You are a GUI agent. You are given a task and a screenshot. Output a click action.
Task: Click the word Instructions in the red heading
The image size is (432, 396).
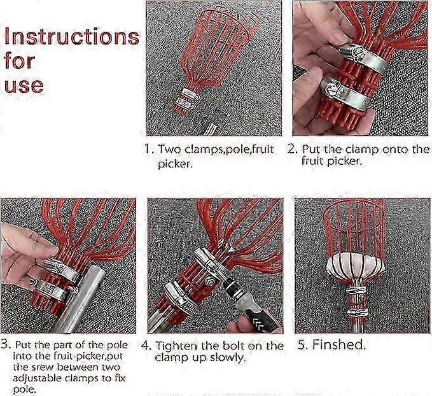72,37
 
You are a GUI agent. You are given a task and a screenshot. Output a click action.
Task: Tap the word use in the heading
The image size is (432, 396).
24,85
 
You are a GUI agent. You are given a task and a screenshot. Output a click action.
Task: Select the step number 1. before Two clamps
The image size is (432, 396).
150,149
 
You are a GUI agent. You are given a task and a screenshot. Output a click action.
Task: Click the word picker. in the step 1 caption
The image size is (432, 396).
174,164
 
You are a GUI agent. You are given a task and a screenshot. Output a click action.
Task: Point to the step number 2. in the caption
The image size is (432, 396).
293,149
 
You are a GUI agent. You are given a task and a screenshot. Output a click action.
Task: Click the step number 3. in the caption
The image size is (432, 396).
6,344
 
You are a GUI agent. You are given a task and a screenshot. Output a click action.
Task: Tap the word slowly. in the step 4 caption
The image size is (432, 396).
228,358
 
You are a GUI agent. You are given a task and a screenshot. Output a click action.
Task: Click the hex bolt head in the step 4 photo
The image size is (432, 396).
209,281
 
